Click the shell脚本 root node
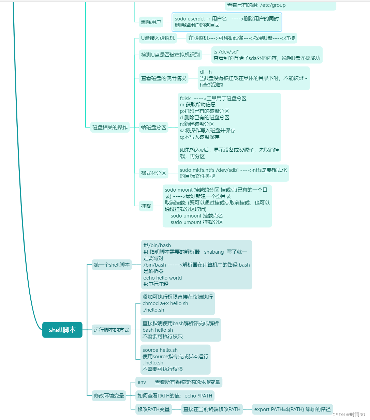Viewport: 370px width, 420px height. pos(62,330)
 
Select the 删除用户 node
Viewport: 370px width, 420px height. pos(151,22)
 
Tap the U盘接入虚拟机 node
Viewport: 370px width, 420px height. pos(158,38)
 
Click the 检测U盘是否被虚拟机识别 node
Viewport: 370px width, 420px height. pos(170,55)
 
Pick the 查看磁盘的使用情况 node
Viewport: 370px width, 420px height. pos(164,78)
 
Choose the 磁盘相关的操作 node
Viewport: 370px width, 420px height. pos(110,127)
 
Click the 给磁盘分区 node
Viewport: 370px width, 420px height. pos(153,127)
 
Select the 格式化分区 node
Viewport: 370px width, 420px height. pos(153,173)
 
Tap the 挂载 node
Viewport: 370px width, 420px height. pos(146,206)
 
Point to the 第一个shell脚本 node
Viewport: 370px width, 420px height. pos(112,265)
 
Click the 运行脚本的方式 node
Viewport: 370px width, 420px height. pos(112,330)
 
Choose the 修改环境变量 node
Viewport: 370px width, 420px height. pos(109,396)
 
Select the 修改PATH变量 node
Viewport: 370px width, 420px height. pos(153,409)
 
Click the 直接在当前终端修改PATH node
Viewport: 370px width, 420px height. pos(212,409)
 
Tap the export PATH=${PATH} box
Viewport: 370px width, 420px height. pos(292,409)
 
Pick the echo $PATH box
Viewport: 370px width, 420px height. pos(175,396)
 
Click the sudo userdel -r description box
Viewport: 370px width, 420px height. pos(227,22)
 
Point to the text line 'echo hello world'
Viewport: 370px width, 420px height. pos(163,278)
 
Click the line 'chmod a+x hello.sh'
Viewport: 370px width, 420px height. pos(165,303)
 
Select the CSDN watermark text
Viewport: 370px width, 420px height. pos(349,415)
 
